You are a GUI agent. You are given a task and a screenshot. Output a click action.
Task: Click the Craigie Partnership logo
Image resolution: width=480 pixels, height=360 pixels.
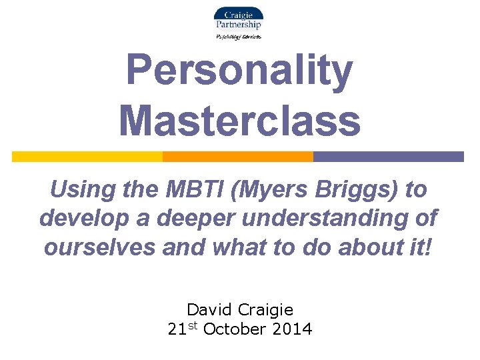point(238,19)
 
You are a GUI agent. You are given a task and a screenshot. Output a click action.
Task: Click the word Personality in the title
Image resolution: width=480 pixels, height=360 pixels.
point(239,71)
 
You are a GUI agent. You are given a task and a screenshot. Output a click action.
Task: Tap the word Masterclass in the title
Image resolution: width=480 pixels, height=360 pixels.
point(239,121)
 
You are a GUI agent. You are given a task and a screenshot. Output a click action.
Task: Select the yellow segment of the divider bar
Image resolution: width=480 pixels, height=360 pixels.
point(87,157)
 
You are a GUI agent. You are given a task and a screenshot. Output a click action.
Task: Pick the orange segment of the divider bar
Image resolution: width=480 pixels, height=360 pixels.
point(238,157)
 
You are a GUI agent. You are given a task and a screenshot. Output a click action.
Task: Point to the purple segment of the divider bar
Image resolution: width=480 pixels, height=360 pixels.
point(388,157)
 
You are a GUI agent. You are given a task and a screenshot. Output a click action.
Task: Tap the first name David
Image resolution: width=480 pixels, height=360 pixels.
point(211,310)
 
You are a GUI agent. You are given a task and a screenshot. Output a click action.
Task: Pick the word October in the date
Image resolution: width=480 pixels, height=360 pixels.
point(233,329)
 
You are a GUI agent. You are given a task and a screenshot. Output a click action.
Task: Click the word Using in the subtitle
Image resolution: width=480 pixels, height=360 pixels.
point(79,190)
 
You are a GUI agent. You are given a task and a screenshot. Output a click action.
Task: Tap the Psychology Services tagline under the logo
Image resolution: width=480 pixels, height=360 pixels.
point(239,37)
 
